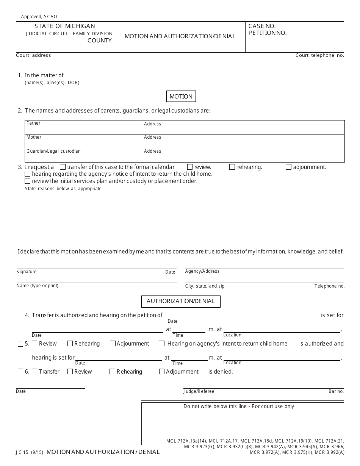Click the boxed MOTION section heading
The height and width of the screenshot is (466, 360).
[x=181, y=97]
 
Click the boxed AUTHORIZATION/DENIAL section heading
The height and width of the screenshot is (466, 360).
[x=181, y=301]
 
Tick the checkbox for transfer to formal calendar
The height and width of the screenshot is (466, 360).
[x=63, y=167]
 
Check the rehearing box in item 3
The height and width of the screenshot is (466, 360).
[x=232, y=167]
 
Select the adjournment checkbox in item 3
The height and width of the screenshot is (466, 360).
[x=288, y=167]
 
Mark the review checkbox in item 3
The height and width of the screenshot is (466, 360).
[x=190, y=167]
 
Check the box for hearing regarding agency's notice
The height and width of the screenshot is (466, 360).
[x=28, y=174]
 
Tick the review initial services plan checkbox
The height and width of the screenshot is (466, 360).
[x=28, y=181]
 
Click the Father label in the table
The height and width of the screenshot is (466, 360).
[x=33, y=124]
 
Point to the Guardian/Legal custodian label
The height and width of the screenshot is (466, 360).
[x=53, y=151]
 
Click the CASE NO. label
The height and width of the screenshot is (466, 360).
[x=262, y=26]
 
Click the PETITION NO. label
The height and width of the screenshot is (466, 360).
[x=267, y=33]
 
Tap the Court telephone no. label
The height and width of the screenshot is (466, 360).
[x=319, y=55]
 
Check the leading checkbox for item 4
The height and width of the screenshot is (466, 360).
[x=20, y=316]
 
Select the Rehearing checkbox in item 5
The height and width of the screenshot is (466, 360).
[x=70, y=344]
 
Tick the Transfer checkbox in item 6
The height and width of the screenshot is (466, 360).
[x=35, y=372]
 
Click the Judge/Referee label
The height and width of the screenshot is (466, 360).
[x=199, y=391]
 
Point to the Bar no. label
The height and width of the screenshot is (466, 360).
[x=336, y=391]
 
